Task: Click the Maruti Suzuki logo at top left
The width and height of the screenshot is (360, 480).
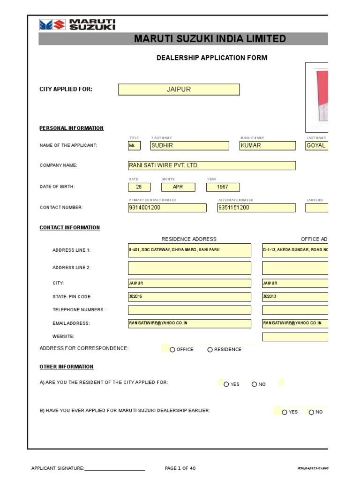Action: click(77, 25)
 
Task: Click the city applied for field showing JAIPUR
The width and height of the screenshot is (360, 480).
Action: click(179, 90)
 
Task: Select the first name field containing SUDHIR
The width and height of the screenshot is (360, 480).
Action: click(189, 146)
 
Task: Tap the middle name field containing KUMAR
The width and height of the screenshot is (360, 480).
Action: click(268, 146)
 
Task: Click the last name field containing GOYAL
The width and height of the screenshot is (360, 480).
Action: click(317, 146)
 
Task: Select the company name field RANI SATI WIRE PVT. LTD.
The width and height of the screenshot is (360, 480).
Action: click(212, 165)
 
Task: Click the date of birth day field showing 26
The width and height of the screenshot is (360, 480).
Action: click(139, 187)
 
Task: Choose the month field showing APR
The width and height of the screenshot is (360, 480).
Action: click(178, 187)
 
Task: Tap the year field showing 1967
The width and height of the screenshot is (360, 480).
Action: click(223, 187)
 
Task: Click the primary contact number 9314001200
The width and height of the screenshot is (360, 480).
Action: click(167, 208)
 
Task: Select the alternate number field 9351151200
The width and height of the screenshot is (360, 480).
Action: click(256, 208)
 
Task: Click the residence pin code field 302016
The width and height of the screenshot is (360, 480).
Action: click(189, 297)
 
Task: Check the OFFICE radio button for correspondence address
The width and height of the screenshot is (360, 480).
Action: click(172, 350)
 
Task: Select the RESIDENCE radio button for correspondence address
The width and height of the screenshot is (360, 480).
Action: click(210, 350)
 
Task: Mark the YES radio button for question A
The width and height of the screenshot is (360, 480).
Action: click(226, 384)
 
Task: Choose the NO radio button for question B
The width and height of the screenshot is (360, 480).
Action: click(311, 412)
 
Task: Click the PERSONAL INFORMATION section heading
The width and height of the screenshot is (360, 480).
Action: click(72, 128)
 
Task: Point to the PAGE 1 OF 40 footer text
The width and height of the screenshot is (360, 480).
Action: click(180, 468)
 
